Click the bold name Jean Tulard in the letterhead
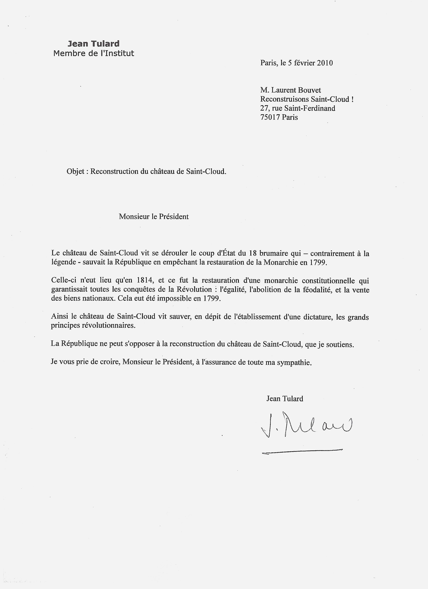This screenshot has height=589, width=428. pos(93,44)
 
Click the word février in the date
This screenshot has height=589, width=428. pos(304,63)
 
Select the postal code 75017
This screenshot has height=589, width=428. pos(270,117)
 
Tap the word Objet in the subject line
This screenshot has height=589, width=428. pos(75,172)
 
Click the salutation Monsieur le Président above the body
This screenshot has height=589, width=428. pos(154,217)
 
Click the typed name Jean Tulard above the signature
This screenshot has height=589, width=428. pos(285,399)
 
